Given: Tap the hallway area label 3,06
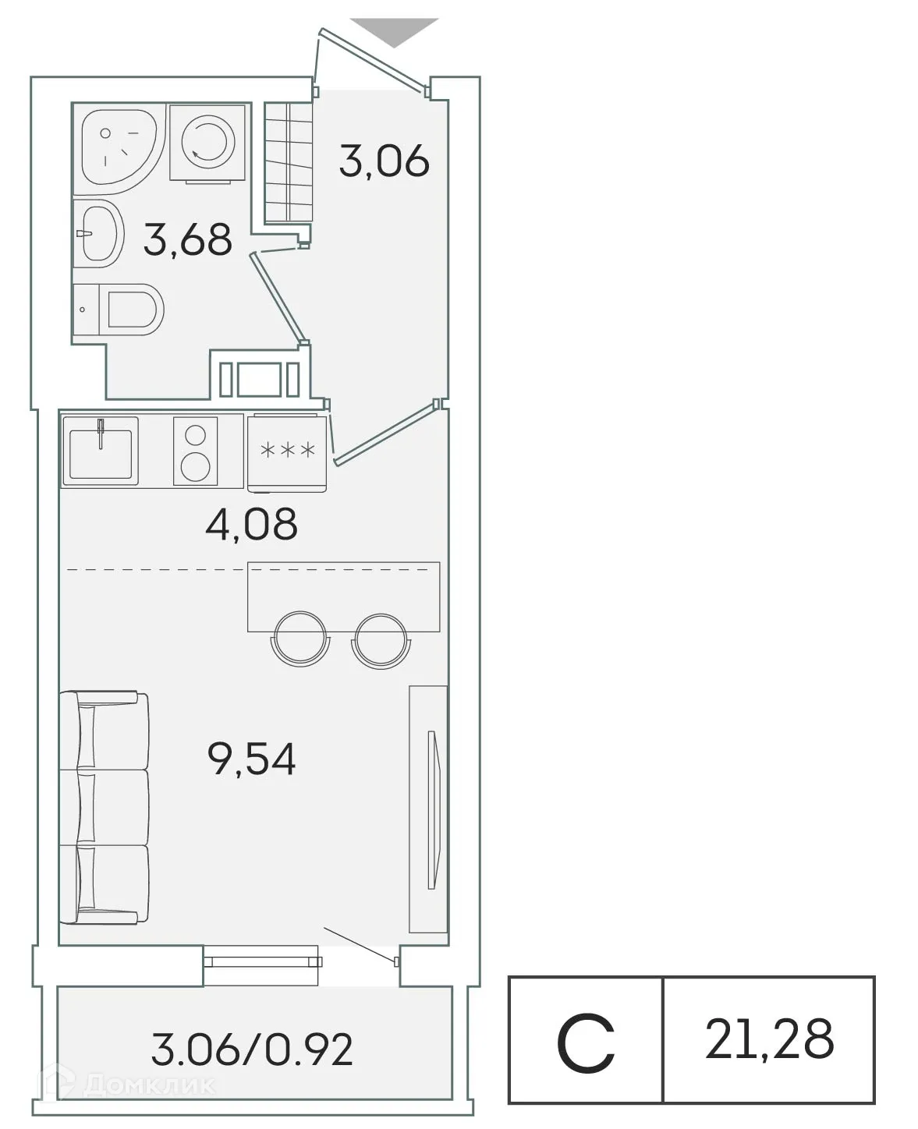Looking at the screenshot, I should coord(384,161).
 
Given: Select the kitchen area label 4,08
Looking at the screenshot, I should coord(251,524).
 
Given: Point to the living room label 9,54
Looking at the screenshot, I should coord(252,759).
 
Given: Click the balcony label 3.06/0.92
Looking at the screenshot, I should coord(252,1049).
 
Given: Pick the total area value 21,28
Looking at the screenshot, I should coord(769,1039).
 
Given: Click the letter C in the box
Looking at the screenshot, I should coord(586,1042).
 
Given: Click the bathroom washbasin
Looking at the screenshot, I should coord(99,232).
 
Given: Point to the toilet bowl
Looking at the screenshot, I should coord(133,310).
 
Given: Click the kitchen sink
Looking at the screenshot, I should coord(100,451).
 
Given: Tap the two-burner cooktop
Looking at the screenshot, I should coord(195,451).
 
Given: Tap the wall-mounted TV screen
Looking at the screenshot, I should coord(431,809).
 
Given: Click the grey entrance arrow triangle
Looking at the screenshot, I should coord(393,32).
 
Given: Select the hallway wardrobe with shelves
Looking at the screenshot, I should coord(288,163).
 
